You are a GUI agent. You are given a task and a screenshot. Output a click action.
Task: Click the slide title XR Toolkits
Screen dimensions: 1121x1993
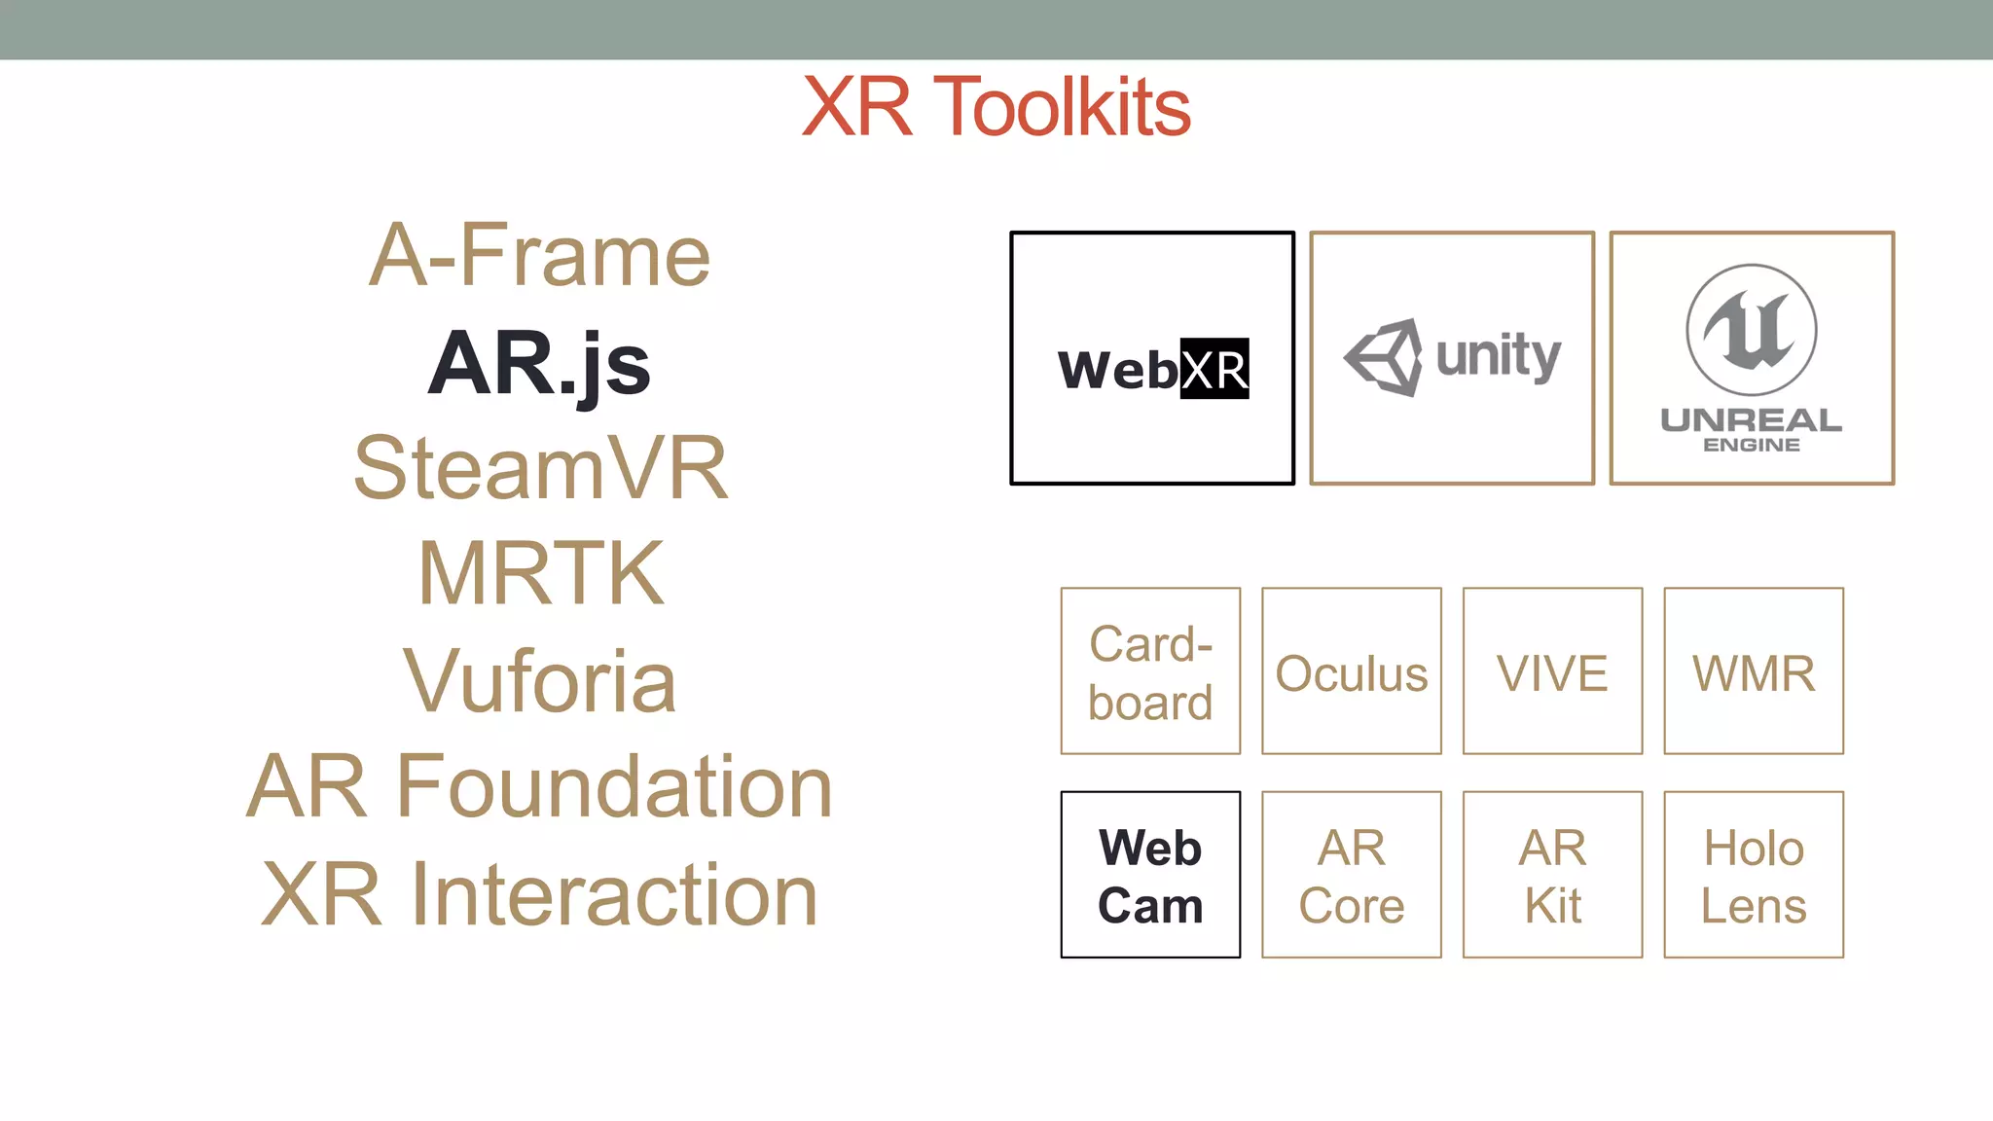pos(996,107)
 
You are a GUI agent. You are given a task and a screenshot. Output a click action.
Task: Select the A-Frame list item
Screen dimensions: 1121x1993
pos(539,256)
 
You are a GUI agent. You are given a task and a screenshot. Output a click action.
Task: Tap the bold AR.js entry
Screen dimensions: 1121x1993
pos(539,364)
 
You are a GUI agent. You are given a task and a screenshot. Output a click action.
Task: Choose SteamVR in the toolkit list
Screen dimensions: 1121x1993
pos(541,469)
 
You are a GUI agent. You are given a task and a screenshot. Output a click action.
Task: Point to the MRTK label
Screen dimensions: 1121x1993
pos(541,574)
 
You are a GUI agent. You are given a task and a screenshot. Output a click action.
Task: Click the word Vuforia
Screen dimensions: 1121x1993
pos(539,681)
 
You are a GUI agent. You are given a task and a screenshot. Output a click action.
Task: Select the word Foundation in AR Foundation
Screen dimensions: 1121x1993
pos(615,786)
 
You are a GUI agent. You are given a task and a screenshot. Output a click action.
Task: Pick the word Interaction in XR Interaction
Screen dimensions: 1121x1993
pos(615,895)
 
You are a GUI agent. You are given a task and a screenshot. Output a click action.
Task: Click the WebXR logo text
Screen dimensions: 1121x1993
pos(1153,370)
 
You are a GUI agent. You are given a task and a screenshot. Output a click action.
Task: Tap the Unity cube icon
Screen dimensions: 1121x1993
pos(1384,357)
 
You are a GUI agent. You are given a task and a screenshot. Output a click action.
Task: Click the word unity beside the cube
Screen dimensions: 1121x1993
pos(1499,356)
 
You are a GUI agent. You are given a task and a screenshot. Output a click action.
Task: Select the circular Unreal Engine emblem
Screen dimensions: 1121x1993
pos(1752,329)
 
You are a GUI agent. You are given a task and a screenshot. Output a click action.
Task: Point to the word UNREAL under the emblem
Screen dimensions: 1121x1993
pos(1752,420)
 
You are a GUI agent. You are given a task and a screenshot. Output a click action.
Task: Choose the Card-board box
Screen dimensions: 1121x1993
pos(1150,671)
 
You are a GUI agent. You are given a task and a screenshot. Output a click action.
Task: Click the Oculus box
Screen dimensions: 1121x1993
pos(1352,671)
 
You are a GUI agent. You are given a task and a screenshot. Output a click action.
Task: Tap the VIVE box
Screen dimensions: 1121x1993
pos(1552,671)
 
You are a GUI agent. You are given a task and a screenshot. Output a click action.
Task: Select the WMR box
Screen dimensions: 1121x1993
pos(1754,671)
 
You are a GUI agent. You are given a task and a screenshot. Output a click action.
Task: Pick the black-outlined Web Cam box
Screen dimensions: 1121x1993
pos(1150,875)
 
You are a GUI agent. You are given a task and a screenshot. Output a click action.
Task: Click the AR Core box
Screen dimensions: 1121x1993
pos(1352,875)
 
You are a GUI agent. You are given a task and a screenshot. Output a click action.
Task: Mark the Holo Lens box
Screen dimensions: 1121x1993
pos(1754,875)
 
